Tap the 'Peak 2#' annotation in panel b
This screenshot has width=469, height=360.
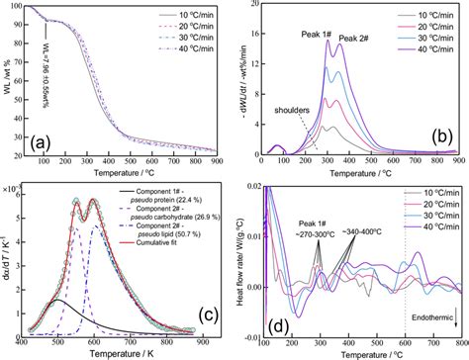[360, 40]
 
